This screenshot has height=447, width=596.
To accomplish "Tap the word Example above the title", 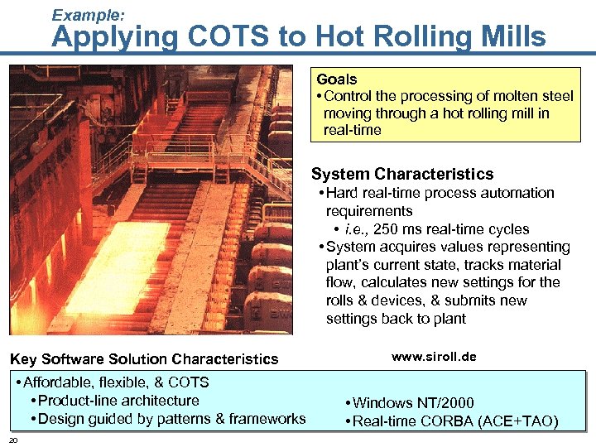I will coord(88,14).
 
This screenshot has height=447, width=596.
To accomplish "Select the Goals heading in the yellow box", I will coord(336,79).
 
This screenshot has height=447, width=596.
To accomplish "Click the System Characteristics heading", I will coord(402,174).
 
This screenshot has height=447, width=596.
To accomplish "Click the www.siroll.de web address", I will coord(434,357).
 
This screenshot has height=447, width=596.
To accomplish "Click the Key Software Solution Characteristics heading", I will coord(144,359).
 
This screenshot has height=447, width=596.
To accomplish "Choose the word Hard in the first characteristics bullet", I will coord(342,193).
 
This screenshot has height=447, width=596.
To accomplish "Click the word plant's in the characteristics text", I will coord(348,265).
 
